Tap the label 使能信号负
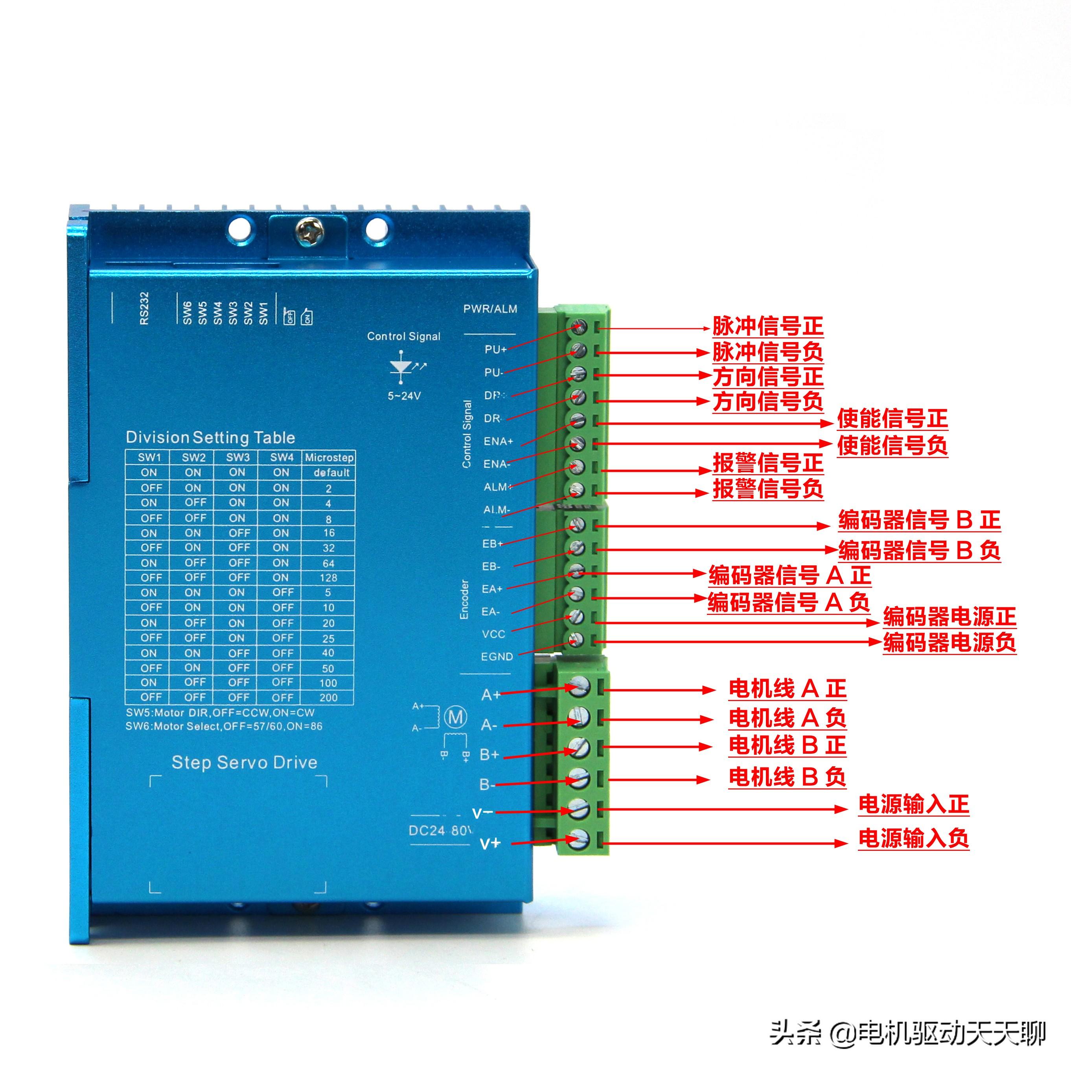[x=892, y=446]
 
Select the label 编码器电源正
[x=949, y=617]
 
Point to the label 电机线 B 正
[x=787, y=745]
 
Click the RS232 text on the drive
[x=144, y=308]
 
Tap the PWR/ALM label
[x=490, y=309]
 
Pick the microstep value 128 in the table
[x=328, y=578]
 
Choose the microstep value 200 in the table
[x=328, y=697]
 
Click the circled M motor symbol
[x=456, y=717]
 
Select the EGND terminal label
[x=497, y=656]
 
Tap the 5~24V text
[x=404, y=396]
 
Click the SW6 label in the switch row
[x=187, y=313]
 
